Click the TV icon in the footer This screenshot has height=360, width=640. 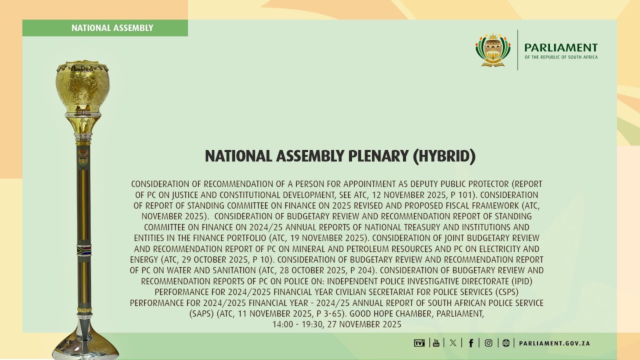tap(419, 343)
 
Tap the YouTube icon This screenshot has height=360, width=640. tap(436, 343)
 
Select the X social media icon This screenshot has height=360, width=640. tap(453, 343)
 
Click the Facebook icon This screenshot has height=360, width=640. tap(470, 343)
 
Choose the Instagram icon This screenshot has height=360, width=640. tap(488, 343)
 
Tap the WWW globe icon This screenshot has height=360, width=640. tap(506, 343)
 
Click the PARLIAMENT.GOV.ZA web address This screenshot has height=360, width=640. tap(554, 343)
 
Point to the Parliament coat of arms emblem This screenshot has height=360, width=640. tap(492, 50)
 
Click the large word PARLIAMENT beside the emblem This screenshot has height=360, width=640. tap(561, 47)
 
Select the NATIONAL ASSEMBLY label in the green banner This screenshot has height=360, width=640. tap(112, 28)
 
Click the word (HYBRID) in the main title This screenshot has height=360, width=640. tap(444, 156)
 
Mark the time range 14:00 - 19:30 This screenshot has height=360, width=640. tap(300, 324)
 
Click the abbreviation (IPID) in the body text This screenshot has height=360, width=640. tap(520, 281)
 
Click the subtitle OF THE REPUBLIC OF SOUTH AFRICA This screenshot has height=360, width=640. tap(561, 57)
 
